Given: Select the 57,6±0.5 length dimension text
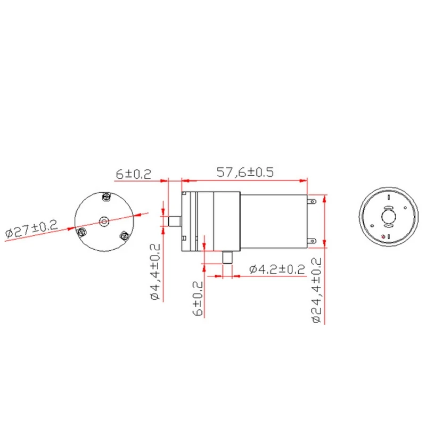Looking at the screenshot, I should tap(245, 173).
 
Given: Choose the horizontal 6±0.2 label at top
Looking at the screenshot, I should tap(133, 174).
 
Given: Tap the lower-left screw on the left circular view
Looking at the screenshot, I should tap(82, 232).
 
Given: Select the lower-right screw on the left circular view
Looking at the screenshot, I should tap(125, 235).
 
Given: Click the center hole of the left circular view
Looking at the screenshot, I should tap(103, 219).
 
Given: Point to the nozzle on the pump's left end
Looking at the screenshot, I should tap(174, 220).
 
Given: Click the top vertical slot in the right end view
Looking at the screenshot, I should tap(389, 196).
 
